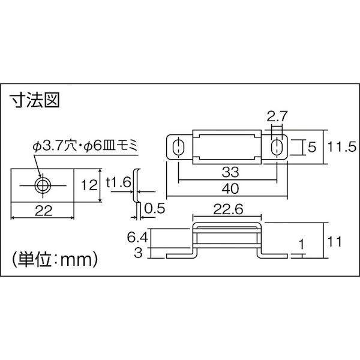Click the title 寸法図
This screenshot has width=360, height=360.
tap(35, 100)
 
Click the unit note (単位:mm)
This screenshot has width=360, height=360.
tap(55, 260)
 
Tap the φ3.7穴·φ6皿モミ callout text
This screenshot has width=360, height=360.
tap(85, 146)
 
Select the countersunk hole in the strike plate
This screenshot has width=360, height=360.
tap(43, 185)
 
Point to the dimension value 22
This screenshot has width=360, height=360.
tap(43, 211)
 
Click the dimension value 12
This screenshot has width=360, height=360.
tap(89, 185)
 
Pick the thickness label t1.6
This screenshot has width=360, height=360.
tap(118, 182)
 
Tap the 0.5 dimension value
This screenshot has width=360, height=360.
tap(155, 208)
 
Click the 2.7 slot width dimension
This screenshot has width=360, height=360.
tap(277, 116)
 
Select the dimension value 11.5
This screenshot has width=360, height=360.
tap(341, 147)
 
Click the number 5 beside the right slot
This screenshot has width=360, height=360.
tap(312, 147)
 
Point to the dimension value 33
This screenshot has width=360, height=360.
tap(230, 172)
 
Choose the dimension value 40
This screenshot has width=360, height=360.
tap(230, 189)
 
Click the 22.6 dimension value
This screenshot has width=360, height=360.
tap(228, 209)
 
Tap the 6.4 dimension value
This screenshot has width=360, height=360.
tap(138, 237)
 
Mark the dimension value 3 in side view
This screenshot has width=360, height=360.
tap(138, 253)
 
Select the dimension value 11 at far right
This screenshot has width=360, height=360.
tap(335, 241)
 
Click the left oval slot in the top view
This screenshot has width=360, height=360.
tap(178, 147)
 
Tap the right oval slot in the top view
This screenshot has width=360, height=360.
tap(277, 147)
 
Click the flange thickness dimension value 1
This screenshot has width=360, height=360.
tap(302, 244)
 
